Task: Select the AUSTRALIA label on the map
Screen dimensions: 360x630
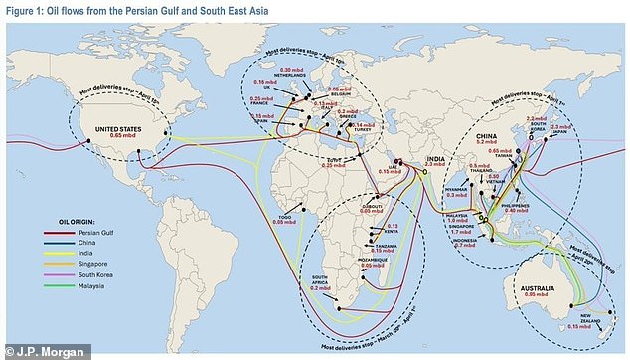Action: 537,287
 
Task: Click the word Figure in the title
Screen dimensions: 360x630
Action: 22,9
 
